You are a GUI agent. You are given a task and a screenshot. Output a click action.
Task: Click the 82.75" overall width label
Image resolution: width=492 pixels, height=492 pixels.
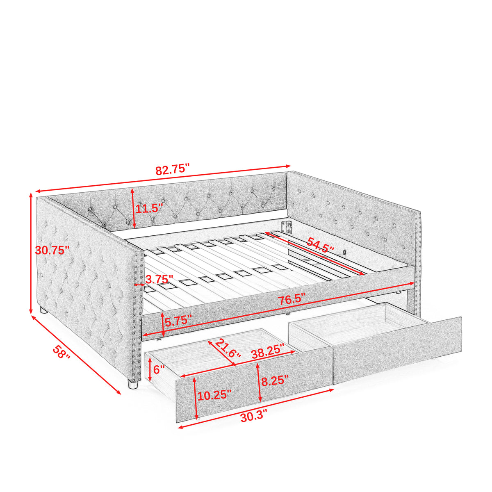pos(173,169)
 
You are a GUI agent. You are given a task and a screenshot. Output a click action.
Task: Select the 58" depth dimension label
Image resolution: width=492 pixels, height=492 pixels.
pos(61,352)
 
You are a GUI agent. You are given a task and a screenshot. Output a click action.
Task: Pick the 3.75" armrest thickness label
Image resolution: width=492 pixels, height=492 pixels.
pos(159,280)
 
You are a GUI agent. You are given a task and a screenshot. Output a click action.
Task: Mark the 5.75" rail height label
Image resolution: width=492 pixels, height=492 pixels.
pos(178,321)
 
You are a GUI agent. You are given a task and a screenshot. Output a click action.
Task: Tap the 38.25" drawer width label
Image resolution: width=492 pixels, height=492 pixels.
pos(268,351)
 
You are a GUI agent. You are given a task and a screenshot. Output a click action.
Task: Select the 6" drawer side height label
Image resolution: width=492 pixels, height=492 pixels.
pos(159,369)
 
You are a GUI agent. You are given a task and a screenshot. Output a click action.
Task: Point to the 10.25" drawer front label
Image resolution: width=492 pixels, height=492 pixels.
pos(214,396)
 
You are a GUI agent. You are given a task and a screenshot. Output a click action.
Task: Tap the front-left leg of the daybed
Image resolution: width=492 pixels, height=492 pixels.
pos(133,384)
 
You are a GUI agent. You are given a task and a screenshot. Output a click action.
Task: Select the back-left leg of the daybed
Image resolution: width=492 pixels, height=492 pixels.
pos(43,310)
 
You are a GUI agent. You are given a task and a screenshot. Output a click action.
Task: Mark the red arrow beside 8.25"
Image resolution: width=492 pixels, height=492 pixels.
pos(259,383)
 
